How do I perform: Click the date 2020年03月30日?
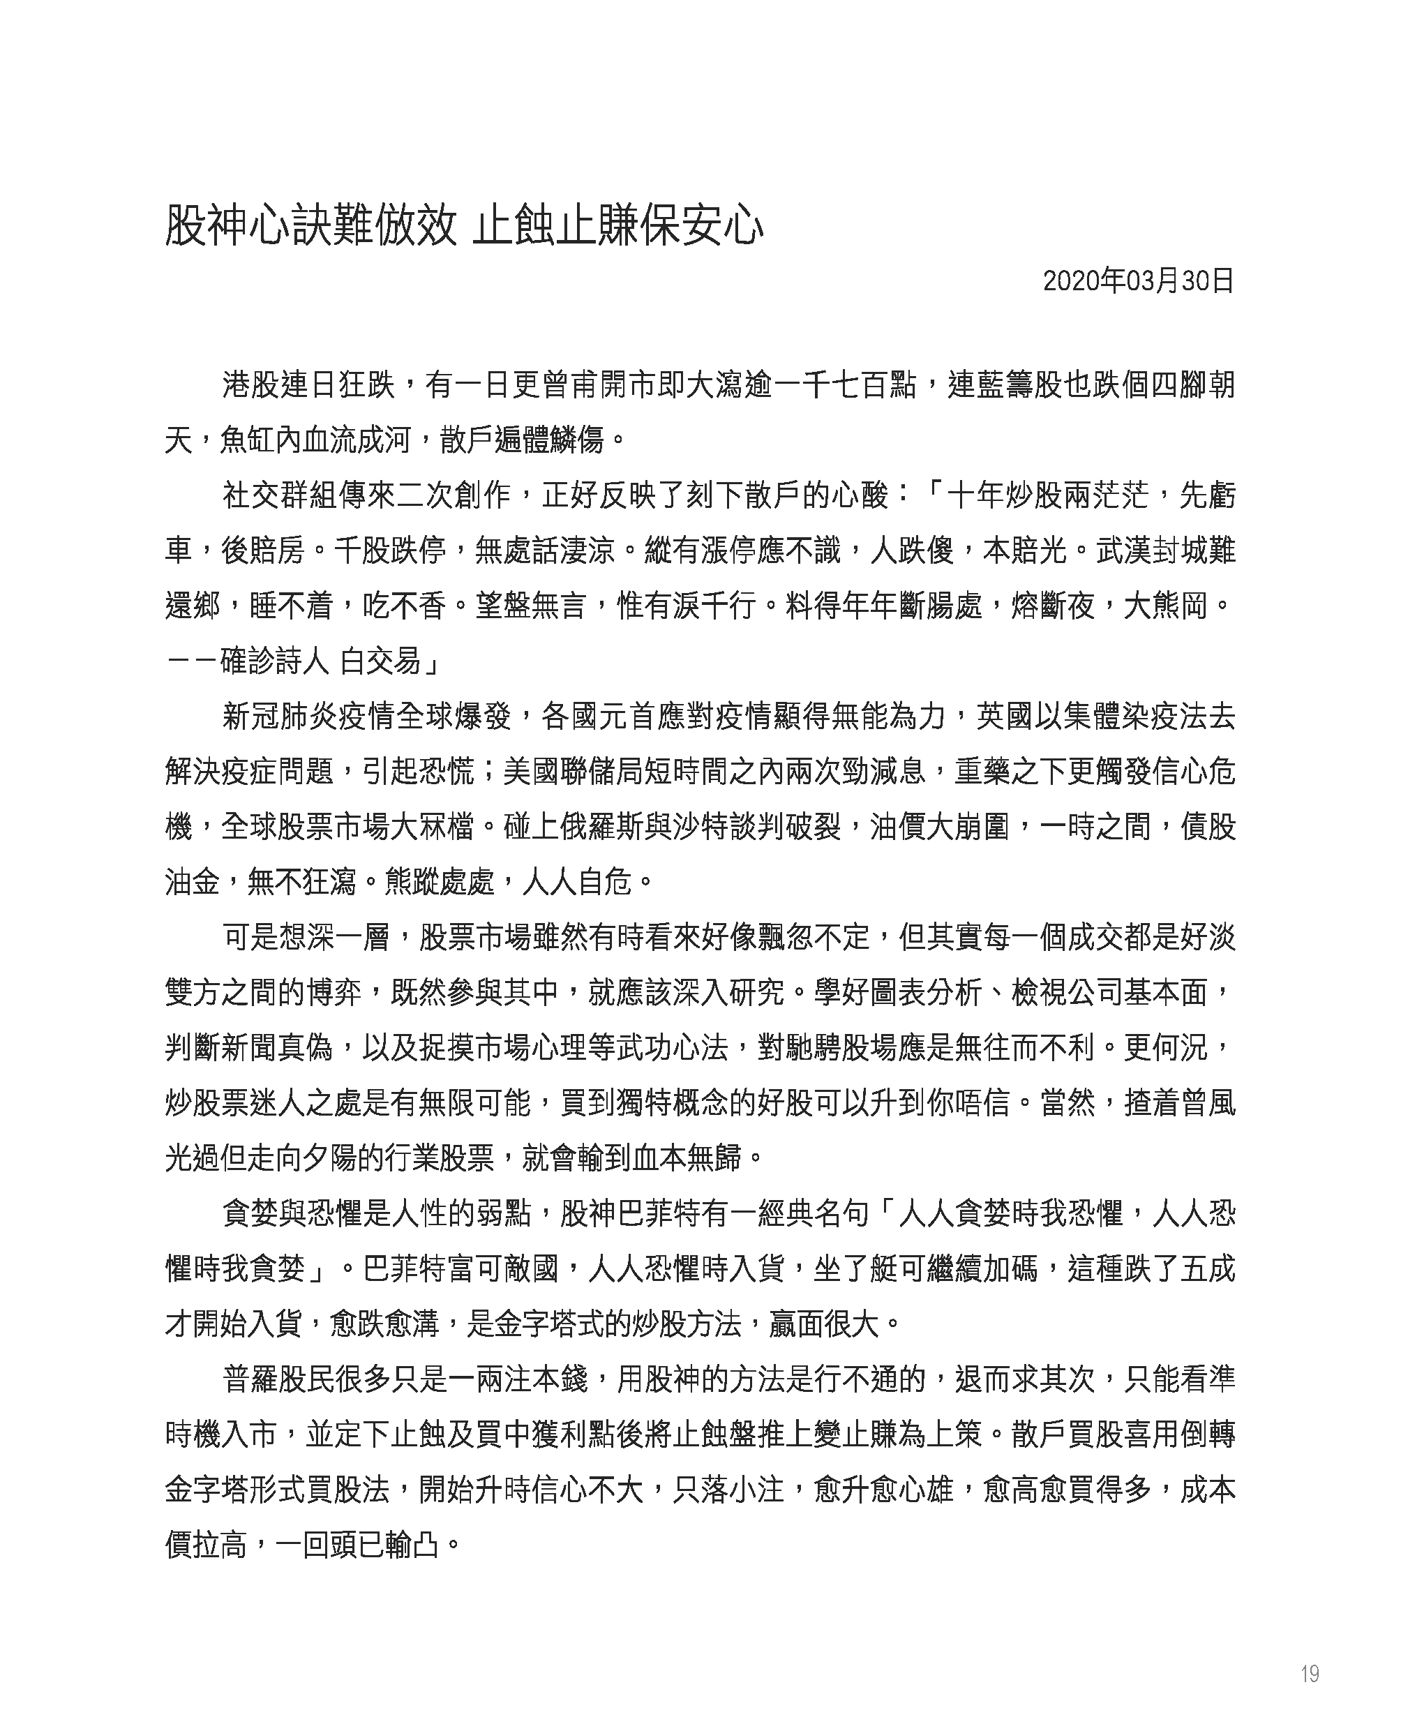[x=1138, y=282]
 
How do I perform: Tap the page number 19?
[x=1309, y=1674]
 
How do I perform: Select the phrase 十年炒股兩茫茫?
[x=1047, y=495]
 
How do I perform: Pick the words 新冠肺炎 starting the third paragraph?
[x=279, y=717]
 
